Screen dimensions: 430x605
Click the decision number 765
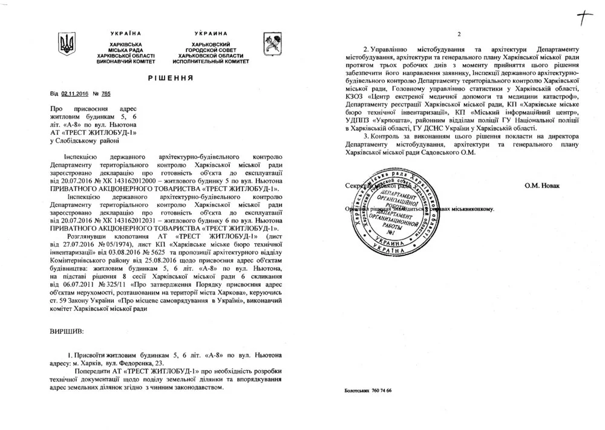[106, 94]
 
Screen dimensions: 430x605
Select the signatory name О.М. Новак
[543, 185]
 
